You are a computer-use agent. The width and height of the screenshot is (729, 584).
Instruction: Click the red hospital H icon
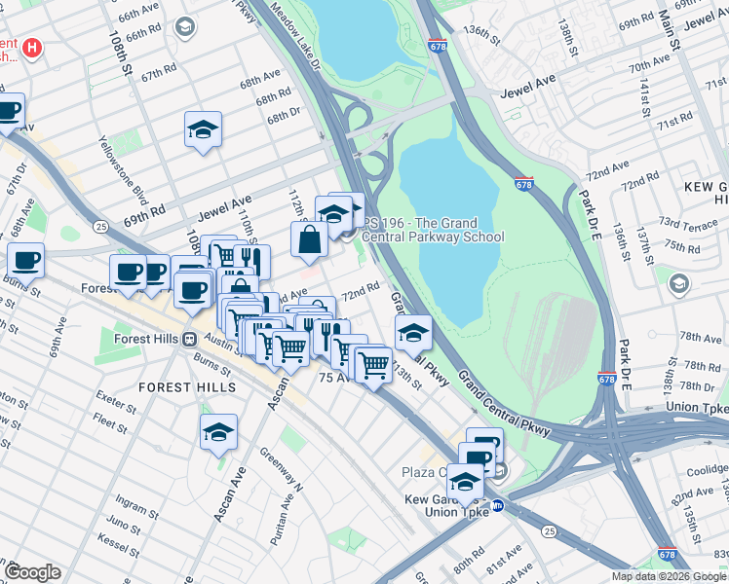pos(32,47)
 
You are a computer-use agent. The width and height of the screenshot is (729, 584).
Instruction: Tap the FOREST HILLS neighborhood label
pos(187,387)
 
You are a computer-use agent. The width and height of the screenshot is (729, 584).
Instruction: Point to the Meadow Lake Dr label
pos(297,34)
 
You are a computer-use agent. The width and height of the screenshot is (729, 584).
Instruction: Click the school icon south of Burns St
pos(219,433)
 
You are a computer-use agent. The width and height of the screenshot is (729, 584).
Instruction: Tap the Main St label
pos(671,26)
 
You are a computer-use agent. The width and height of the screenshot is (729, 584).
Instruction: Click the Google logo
pos(32,572)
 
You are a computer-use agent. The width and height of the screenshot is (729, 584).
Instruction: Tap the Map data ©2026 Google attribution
pos(668,576)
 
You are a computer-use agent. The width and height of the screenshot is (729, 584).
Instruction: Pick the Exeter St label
pos(115,397)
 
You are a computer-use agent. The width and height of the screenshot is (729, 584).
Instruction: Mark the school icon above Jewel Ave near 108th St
pos(203,129)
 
